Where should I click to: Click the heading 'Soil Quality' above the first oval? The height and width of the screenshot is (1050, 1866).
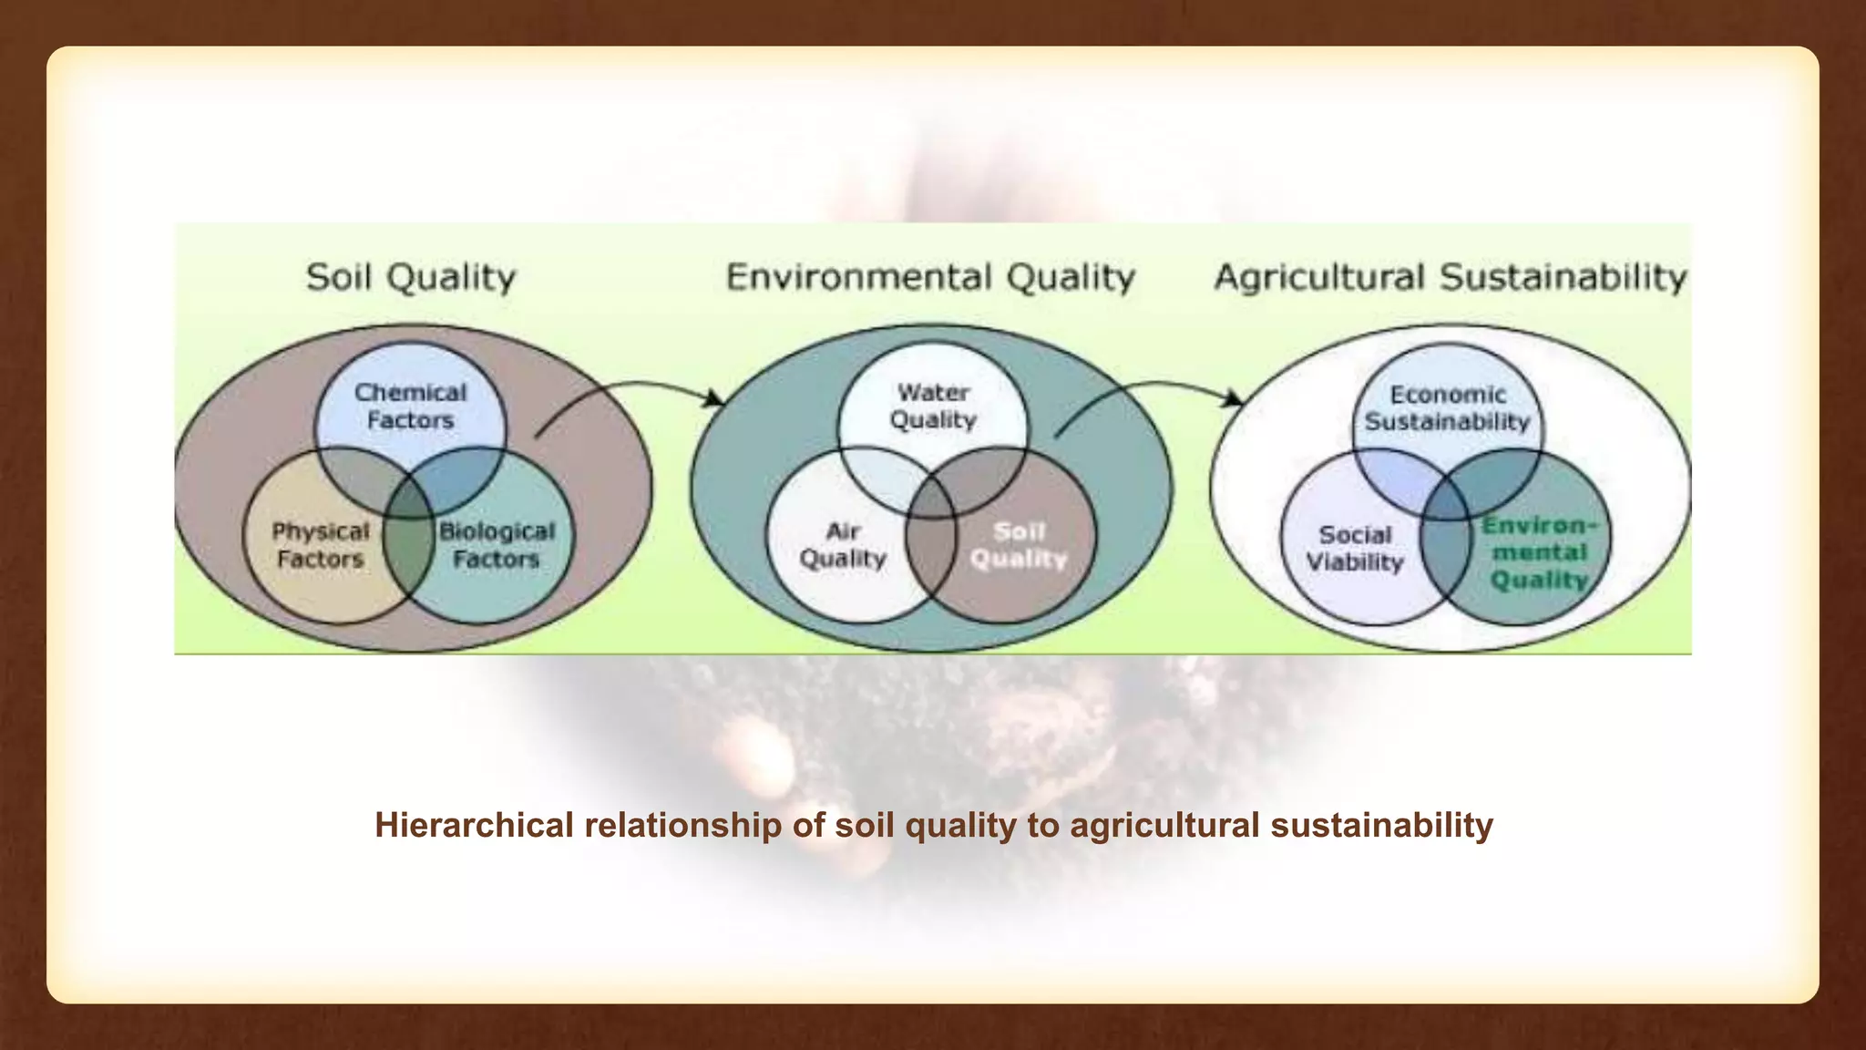point(410,277)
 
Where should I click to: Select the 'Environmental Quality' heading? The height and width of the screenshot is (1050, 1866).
point(930,277)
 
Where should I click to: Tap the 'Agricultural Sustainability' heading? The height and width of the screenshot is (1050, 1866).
point(1451,277)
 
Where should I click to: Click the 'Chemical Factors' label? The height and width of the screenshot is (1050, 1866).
point(410,407)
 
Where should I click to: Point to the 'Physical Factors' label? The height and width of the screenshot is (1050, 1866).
point(321,545)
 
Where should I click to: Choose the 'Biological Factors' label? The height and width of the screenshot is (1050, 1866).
point(497,545)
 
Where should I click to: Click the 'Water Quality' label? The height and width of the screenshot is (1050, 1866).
point(933,407)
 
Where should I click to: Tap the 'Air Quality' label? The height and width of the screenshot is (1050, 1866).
point(843,545)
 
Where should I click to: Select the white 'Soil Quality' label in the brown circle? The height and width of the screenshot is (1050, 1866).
point(1019,545)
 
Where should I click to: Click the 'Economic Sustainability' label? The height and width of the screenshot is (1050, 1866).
point(1448,408)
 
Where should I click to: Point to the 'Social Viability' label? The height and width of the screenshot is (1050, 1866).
point(1355,549)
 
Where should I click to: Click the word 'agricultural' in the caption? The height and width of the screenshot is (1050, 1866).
point(1164,825)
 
